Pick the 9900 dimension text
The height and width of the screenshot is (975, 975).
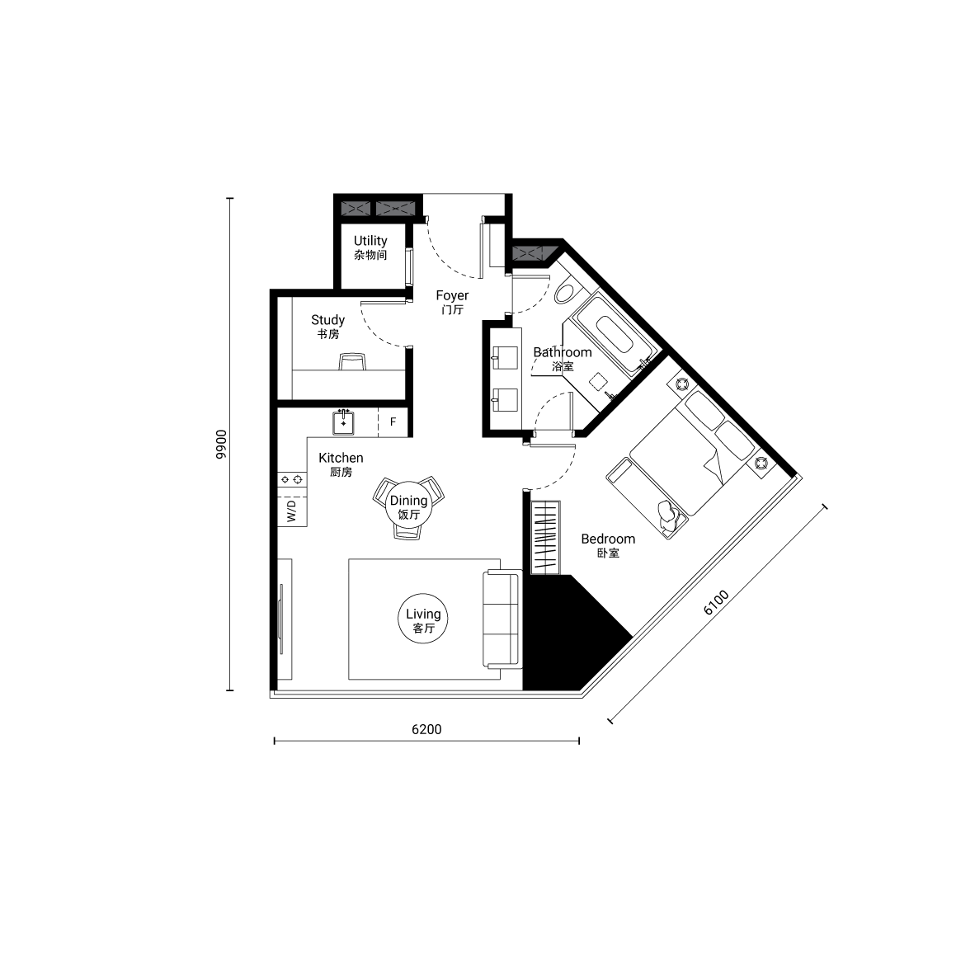tap(221, 444)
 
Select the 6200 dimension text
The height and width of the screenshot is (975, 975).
tap(426, 729)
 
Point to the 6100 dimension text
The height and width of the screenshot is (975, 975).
tap(716, 602)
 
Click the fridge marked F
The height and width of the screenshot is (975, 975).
tap(393, 422)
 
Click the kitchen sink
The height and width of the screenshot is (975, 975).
tap(343, 422)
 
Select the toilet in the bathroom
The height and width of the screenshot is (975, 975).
tap(567, 292)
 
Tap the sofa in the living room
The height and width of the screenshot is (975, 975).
tap(502, 619)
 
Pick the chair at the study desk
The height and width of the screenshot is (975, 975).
tap(352, 361)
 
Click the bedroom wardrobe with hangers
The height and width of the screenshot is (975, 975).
tap(545, 537)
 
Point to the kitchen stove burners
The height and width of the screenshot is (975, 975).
tap(292, 479)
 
